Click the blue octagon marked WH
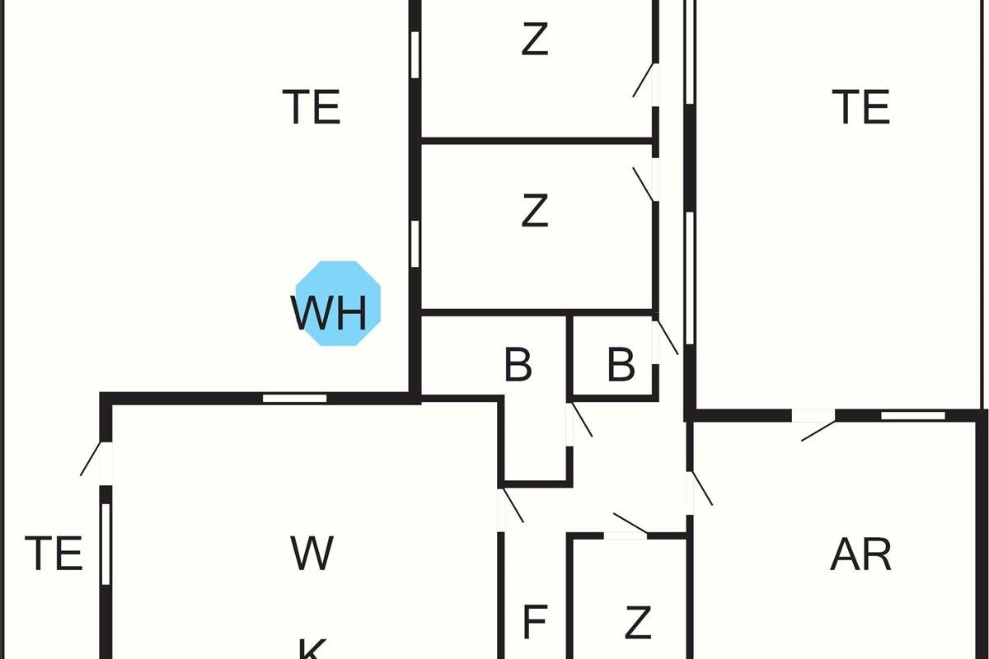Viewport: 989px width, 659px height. click(338, 304)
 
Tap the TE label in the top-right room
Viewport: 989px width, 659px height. click(860, 107)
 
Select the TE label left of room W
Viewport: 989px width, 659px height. click(54, 554)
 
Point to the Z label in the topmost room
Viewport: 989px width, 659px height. click(535, 39)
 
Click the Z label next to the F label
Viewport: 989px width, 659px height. click(638, 623)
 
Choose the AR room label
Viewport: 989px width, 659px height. click(860, 555)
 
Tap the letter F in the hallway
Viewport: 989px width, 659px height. click(535, 623)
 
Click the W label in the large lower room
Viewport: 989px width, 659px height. click(312, 554)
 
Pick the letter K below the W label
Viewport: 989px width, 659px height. click(312, 649)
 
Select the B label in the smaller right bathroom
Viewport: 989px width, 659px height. click(621, 365)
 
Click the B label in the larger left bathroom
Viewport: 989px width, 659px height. click(518, 365)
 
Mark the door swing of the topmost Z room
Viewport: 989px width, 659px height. click(645, 82)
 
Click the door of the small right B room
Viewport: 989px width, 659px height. click(666, 338)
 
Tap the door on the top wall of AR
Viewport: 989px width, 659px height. click(816, 428)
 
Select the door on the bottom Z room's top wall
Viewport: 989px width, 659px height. click(630, 525)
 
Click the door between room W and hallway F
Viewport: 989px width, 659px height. click(511, 504)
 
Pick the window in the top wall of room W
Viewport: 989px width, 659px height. click(294, 399)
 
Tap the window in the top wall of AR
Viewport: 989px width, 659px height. click(901, 415)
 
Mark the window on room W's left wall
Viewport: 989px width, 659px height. click(105, 544)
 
